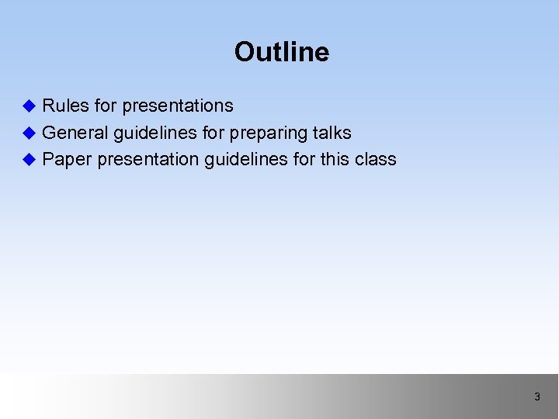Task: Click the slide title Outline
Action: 281,52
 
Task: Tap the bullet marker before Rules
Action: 30,106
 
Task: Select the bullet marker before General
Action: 30,133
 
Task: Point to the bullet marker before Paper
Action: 30,160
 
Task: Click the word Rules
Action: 65,106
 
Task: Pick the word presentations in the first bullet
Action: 178,106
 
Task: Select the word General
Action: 75,133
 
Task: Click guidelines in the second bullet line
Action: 155,133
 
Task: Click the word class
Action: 376,159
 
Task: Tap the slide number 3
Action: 536,397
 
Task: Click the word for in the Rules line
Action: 106,106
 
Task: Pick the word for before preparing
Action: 213,133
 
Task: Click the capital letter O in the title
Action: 245,52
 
